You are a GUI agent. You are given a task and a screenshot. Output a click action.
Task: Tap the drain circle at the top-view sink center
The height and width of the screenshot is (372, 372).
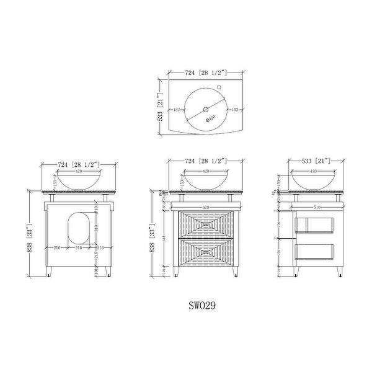tap(205, 110)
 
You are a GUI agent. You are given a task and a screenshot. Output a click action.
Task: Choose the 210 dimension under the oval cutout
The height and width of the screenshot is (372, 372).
tap(79, 248)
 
